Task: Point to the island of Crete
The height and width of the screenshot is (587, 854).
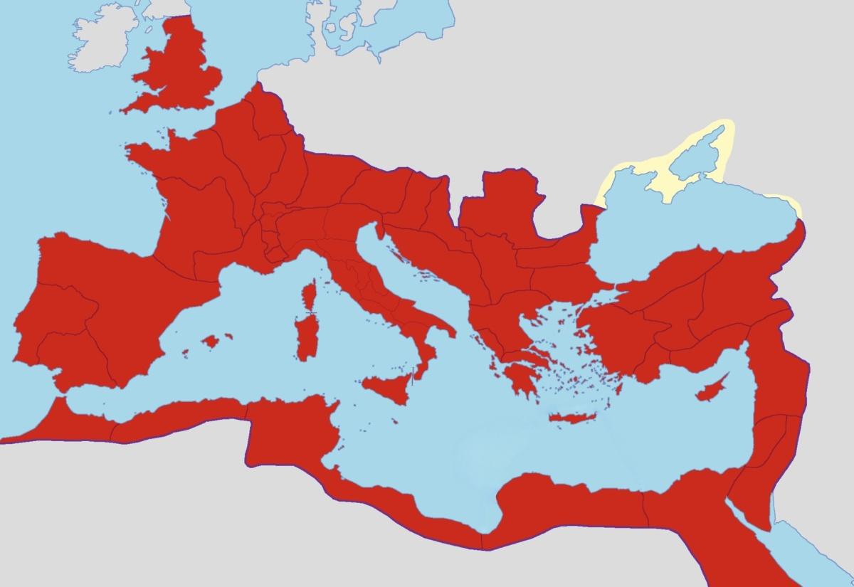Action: (574, 418)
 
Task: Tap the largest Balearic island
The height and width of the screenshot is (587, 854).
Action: (211, 342)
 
